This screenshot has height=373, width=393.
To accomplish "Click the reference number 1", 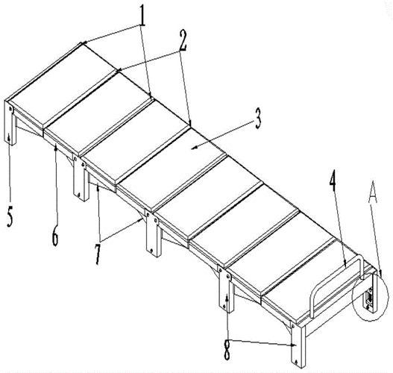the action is [142, 16].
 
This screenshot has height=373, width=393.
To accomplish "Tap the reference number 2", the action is [183, 40].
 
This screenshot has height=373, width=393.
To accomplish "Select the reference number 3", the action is [258, 119].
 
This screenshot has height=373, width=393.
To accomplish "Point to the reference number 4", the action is [333, 181].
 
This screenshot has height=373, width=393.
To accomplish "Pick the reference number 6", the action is [55, 236].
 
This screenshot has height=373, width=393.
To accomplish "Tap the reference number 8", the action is [227, 350].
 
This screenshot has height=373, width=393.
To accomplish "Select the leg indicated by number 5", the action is [10, 122].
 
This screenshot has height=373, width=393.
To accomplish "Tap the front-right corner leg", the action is [298, 346].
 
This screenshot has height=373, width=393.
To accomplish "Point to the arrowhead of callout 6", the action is [56, 148].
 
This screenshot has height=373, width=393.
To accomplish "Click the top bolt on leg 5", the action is [10, 109].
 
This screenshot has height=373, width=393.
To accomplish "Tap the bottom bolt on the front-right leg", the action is [296, 362].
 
